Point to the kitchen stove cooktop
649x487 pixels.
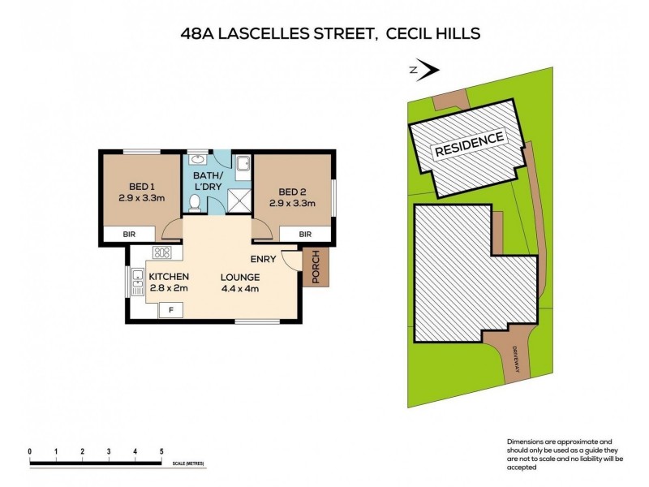click(x=161, y=252)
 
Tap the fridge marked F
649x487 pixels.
click(x=170, y=310)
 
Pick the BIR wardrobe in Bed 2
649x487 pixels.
click(x=305, y=234)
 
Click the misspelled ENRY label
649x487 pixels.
click(x=264, y=260)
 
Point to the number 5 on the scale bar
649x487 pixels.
click(x=161, y=450)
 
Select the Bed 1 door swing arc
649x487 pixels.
click(x=171, y=231)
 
